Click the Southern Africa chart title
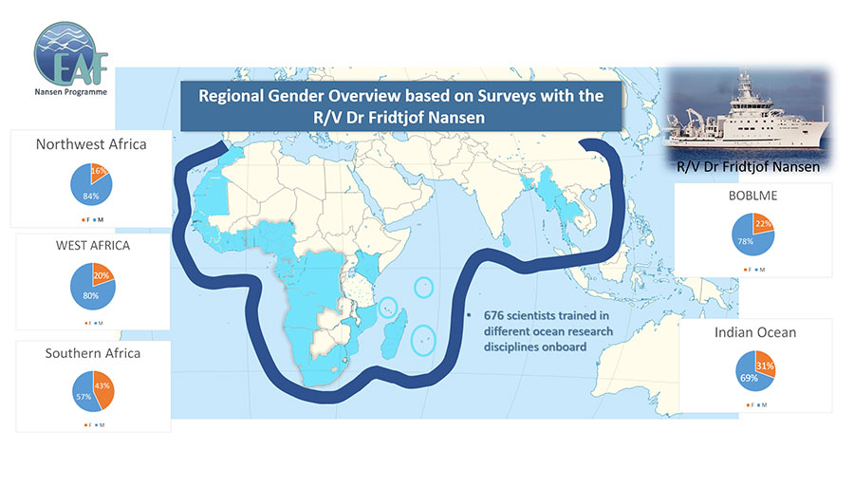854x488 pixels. [x=92, y=353]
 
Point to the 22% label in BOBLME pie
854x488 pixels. [x=761, y=224]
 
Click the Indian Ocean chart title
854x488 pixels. [x=755, y=334]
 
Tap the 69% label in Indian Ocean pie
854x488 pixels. [x=747, y=378]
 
